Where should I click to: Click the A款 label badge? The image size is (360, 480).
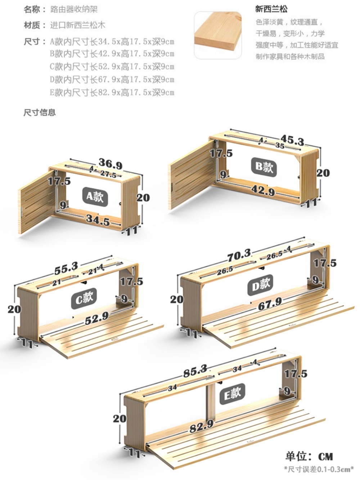pyautogui.click(x=95, y=197)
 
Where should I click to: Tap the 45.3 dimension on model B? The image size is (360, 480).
pyautogui.click(x=292, y=140)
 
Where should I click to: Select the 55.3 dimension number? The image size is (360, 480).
pyautogui.click(x=66, y=268)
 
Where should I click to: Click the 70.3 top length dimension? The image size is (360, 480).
pyautogui.click(x=239, y=255)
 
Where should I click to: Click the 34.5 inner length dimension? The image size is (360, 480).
pyautogui.click(x=98, y=220)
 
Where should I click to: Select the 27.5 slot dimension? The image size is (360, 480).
pyautogui.click(x=108, y=174)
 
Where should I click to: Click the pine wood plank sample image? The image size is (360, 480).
pyautogui.click(x=218, y=35)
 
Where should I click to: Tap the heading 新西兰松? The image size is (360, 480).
pyautogui.click(x=271, y=9)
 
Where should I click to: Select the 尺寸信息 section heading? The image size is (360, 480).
pyautogui.click(x=40, y=112)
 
